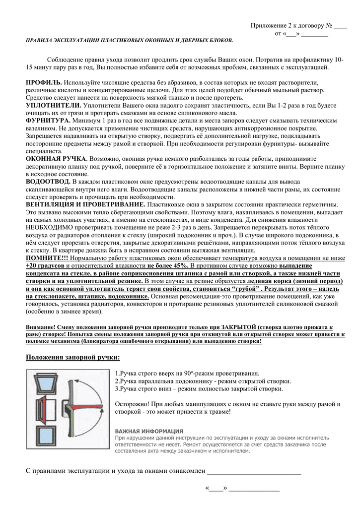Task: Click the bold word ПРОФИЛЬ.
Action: pos(44,82)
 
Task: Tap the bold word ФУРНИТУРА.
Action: pos(48,121)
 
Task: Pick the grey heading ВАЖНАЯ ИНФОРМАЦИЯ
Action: pos(149,431)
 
